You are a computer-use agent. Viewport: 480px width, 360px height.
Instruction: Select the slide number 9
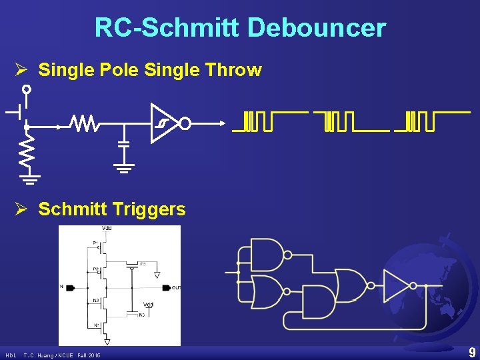coord(472,353)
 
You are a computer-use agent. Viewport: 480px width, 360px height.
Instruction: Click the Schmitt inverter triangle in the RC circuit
coord(163,123)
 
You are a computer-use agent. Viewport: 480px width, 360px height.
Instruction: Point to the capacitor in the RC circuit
coord(123,144)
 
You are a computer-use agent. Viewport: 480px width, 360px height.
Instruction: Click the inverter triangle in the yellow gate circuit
coord(397,286)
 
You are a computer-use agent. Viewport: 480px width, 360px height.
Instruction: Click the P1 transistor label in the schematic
coord(95,243)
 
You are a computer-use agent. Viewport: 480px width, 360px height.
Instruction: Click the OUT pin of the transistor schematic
coord(175,288)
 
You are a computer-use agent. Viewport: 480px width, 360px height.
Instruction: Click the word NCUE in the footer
coord(64,355)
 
